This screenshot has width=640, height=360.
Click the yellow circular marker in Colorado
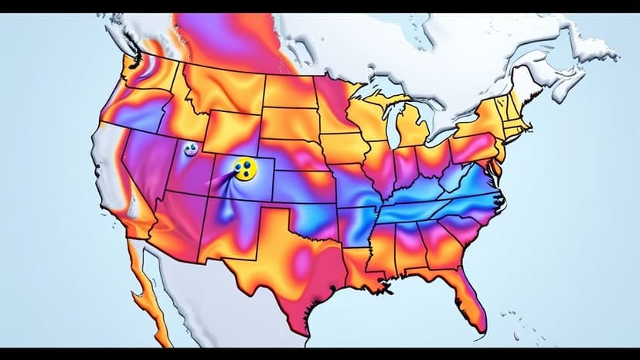245,168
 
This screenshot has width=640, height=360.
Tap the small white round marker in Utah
190,150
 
